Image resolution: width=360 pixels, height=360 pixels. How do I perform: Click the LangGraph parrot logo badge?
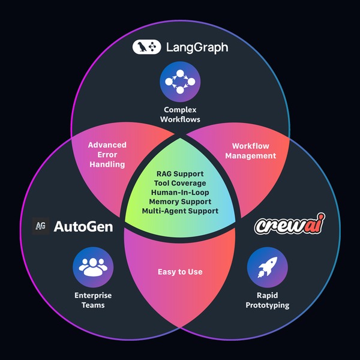(x=146, y=47)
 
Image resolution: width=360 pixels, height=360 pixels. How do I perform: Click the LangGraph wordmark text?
(x=197, y=48)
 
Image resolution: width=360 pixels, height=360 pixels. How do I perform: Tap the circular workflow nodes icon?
(x=180, y=82)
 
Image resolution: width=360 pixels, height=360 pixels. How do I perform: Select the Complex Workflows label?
(x=180, y=115)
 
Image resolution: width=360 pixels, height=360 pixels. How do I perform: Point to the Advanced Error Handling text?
(x=107, y=155)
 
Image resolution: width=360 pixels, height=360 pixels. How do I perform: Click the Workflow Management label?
(x=250, y=151)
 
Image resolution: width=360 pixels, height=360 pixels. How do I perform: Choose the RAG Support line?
(x=180, y=174)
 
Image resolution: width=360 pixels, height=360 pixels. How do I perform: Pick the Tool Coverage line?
(x=180, y=183)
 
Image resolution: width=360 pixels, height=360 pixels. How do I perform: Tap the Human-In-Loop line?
(x=180, y=192)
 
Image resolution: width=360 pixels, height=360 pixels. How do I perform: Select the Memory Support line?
(x=180, y=202)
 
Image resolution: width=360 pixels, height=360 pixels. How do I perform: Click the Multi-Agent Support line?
(x=180, y=211)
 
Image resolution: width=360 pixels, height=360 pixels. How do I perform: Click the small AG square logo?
(x=41, y=226)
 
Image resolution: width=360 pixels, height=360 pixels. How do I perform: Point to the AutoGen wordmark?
(x=83, y=227)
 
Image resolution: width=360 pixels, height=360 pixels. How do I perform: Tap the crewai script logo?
(x=290, y=224)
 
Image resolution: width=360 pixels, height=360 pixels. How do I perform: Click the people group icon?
(x=93, y=267)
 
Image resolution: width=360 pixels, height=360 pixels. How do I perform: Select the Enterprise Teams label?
(x=93, y=300)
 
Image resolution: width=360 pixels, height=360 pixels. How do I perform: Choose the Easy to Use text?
(x=180, y=272)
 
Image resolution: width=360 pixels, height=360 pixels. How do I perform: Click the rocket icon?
(x=267, y=267)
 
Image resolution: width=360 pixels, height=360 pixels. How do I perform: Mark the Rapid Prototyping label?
(x=267, y=300)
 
